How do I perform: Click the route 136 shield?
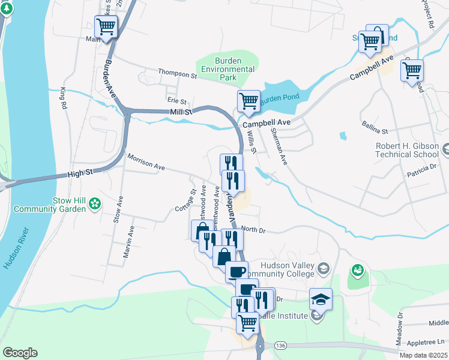(x=279, y=346)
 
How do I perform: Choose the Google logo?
(x=20, y=353)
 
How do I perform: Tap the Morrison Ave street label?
(x=145, y=163)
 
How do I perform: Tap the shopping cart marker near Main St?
(x=106, y=26)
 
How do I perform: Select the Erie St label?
(x=176, y=101)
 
